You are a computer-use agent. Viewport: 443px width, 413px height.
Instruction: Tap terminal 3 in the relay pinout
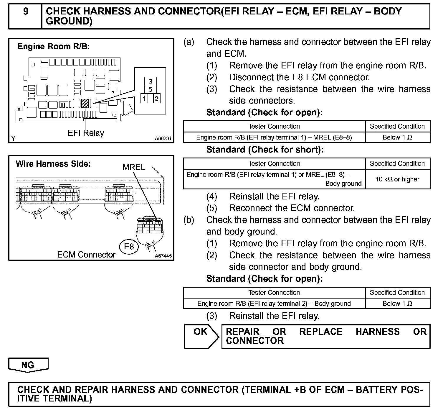pos(150,82)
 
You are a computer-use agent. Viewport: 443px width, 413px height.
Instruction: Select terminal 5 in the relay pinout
pos(150,89)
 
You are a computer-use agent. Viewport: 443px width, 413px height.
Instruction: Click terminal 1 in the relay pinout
pos(144,98)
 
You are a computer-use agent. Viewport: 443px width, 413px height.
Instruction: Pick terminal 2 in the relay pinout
pos(156,98)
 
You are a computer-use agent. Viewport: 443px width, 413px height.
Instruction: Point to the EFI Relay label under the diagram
pos(86,133)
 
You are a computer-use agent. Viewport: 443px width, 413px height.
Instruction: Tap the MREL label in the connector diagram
pos(134,167)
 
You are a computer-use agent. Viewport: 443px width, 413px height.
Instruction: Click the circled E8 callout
pos(129,246)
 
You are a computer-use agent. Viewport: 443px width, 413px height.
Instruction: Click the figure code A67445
pos(163,256)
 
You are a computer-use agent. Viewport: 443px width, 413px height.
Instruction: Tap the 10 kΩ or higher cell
pos(397,179)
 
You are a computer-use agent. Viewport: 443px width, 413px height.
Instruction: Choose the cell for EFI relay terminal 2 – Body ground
pos(274,304)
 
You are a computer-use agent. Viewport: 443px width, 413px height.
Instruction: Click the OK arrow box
pos(201,336)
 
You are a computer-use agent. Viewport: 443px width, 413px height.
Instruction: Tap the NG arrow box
pos(28,365)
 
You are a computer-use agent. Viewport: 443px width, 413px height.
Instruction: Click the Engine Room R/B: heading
pos(54,47)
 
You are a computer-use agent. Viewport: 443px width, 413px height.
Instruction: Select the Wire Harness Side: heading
pos(53,164)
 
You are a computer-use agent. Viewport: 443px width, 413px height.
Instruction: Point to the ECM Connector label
pos(86,255)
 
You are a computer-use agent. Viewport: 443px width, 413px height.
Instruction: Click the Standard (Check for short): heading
pos(265,150)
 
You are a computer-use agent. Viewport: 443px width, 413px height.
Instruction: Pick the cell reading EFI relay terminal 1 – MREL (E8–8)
pos(274,137)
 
